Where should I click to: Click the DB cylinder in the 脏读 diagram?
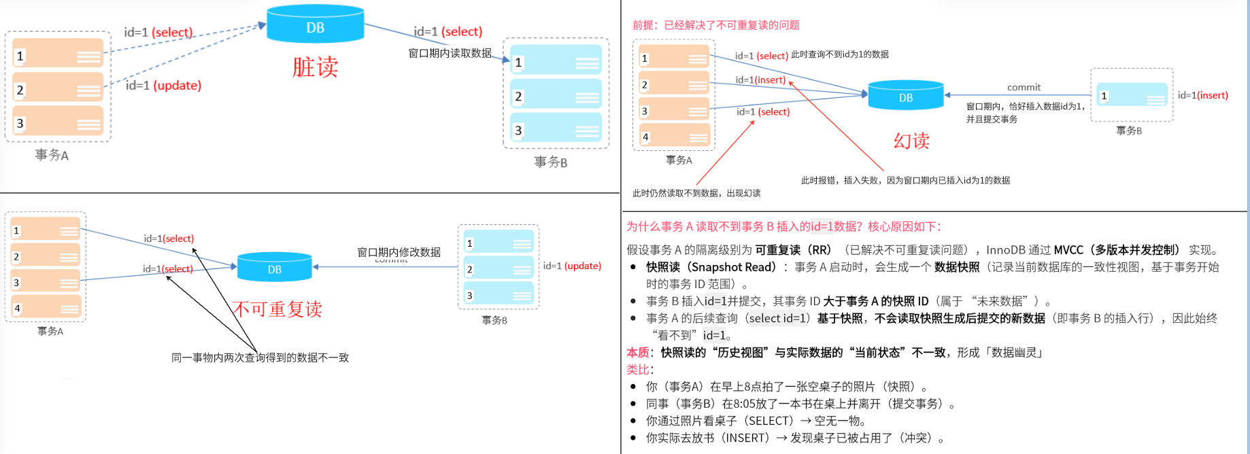[315, 24]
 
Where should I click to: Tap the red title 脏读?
[315, 67]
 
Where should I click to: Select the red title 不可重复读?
[277, 309]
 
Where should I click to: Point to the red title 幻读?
[911, 141]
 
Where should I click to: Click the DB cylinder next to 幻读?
[906, 96]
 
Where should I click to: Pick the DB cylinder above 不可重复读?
[274, 267]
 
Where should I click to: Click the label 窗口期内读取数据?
[450, 53]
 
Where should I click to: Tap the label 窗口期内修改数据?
[399, 252]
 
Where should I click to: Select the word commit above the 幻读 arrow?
[1024, 87]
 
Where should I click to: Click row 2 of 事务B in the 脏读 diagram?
[556, 97]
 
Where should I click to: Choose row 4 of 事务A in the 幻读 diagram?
[673, 137]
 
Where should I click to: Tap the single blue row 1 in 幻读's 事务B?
[1132, 96]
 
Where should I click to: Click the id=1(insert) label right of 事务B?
[1202, 95]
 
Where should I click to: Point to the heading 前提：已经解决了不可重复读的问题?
[715, 25]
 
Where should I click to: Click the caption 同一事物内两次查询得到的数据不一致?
[260, 357]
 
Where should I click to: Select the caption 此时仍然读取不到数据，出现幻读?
[696, 193]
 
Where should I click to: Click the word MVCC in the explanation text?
[1068, 250]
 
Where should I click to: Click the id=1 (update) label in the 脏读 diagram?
[163, 86]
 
